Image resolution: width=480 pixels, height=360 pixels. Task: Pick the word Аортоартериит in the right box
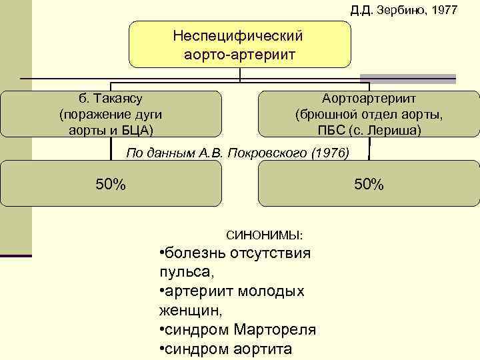[x=369, y=99]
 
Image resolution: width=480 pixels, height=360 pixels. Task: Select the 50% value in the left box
[x=111, y=184]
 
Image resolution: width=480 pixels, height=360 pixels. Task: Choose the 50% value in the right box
[x=369, y=184]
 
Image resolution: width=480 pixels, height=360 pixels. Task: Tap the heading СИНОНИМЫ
[x=264, y=235]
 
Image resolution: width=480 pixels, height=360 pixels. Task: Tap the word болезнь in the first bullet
[x=195, y=254]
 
